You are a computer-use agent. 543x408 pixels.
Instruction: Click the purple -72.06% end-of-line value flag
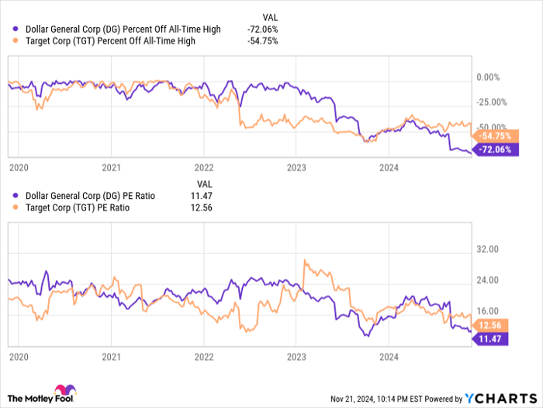tap(493, 149)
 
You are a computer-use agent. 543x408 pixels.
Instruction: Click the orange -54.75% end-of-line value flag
tap(493, 134)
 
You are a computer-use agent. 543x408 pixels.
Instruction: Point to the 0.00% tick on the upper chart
tap(487, 77)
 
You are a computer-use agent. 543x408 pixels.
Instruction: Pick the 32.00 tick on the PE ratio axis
tap(487, 250)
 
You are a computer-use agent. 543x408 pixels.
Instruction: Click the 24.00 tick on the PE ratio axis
tap(487, 280)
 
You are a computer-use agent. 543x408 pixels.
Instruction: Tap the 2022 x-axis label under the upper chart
tap(204, 166)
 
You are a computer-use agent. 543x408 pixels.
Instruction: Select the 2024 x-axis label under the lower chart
tap(389, 357)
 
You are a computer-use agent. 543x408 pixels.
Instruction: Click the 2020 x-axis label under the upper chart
tap(18, 166)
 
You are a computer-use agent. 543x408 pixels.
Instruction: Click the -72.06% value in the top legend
tap(260, 29)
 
